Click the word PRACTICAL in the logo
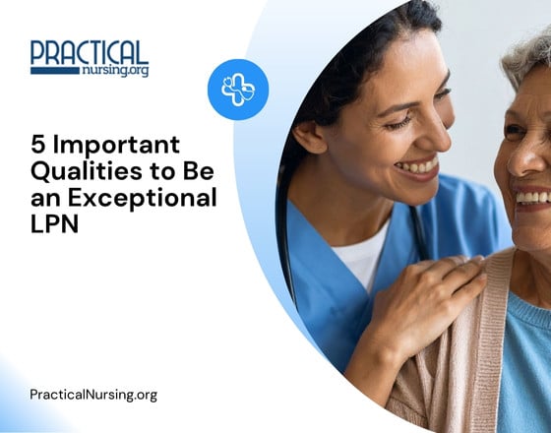89,53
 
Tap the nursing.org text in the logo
115,71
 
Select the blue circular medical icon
237,90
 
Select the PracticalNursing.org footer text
92,395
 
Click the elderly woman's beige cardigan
462,364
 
